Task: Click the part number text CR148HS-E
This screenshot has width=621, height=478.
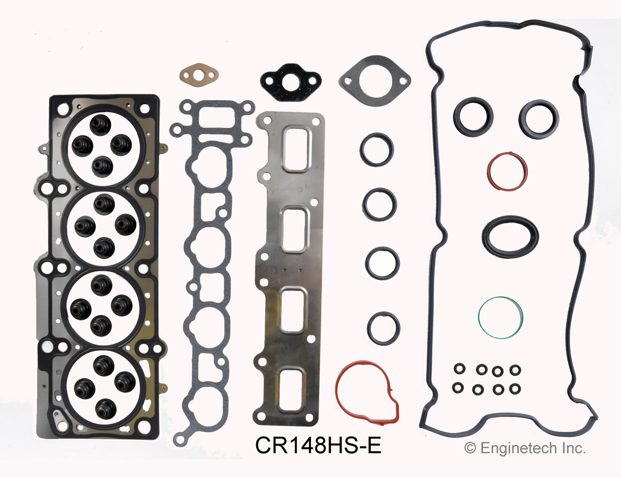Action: pyautogui.click(x=318, y=445)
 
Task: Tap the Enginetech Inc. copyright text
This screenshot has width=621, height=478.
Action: pyautogui.click(x=525, y=448)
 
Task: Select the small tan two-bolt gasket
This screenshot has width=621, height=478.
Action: pyautogui.click(x=199, y=75)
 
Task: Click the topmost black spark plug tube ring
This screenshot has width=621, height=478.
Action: pyautogui.click(x=376, y=149)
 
